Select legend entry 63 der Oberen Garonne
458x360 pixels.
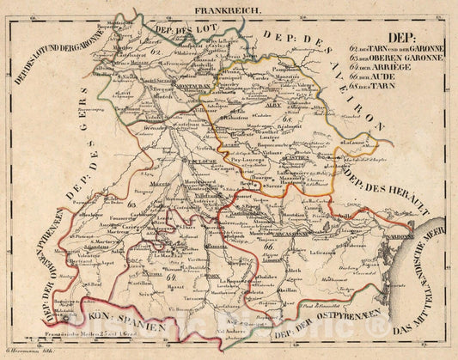pos(400,58)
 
